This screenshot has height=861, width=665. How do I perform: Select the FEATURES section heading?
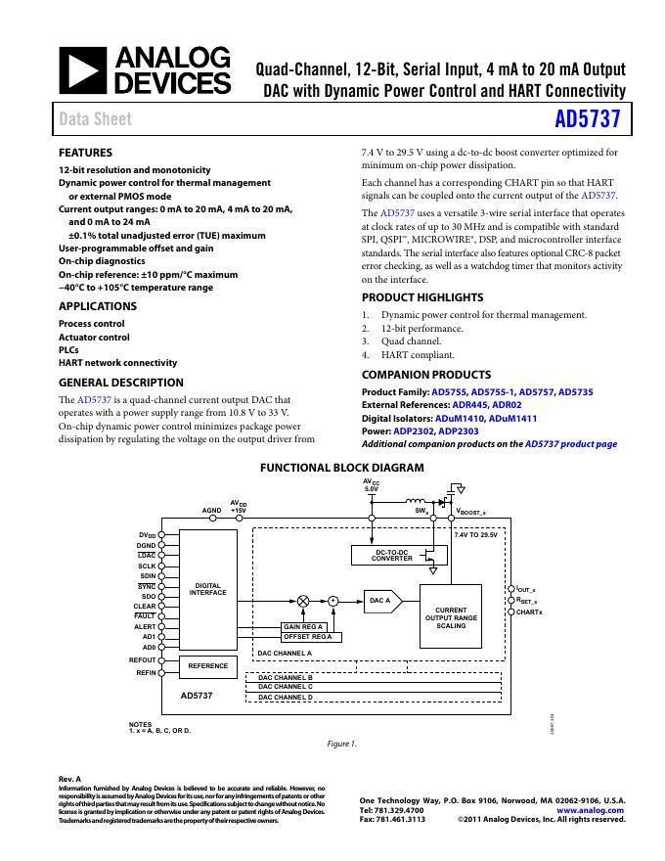point(86,153)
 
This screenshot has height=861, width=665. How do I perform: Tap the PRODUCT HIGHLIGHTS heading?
point(422,297)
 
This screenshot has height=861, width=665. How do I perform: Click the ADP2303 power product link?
point(459,430)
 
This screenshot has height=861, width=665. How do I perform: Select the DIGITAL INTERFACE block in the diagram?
point(207,588)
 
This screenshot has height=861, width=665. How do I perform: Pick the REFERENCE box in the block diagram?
point(207,666)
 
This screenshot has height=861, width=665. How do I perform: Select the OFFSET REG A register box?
point(307,637)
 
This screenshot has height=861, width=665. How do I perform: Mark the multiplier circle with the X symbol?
point(302,600)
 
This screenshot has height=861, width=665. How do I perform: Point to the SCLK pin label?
point(147,566)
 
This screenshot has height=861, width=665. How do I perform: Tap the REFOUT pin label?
point(143,660)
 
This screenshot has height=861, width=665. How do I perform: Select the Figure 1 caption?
point(341,744)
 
